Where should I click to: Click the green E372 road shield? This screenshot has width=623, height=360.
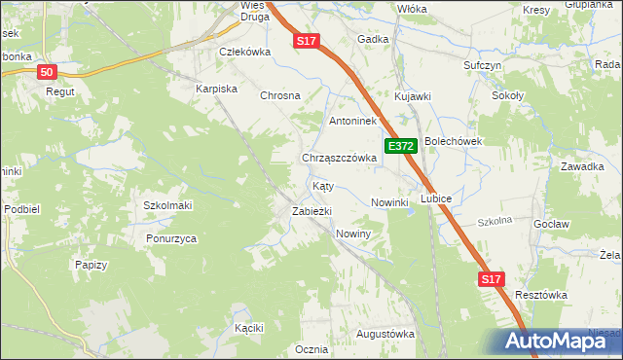[401, 146]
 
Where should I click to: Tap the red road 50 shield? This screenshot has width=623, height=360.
[48, 72]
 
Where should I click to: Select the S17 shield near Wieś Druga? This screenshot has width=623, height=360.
[307, 40]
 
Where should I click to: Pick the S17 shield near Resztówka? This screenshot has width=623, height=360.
[494, 279]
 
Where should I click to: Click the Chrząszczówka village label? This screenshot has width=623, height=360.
[339, 158]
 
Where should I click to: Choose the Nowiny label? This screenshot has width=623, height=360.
[353, 234]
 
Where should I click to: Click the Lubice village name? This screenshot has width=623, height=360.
[436, 198]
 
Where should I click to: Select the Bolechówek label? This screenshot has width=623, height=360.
[453, 141]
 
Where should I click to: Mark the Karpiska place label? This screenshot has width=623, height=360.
[217, 89]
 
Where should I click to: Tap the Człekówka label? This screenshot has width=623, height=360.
[243, 53]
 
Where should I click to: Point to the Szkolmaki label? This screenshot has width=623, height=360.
[167, 205]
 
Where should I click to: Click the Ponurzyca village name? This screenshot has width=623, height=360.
[172, 238]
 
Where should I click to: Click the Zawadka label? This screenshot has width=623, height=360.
[581, 166]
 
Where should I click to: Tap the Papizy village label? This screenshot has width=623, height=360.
[91, 264]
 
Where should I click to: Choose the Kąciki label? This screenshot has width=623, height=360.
[249, 328]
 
